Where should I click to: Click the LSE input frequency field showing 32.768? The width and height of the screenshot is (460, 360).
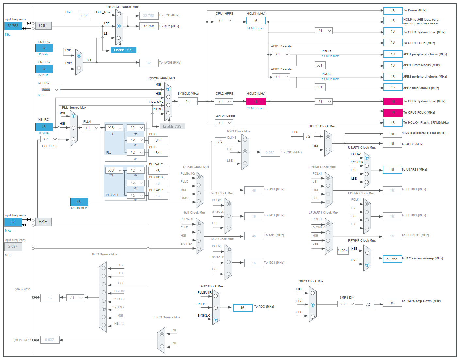pos(13,26)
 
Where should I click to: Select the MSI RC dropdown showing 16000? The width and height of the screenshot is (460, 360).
pos(49,90)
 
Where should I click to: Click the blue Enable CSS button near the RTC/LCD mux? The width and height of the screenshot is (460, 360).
pos(123,50)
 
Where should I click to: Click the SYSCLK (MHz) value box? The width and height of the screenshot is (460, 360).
pos(188,101)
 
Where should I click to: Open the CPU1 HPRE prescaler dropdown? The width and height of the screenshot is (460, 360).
pos(224,20)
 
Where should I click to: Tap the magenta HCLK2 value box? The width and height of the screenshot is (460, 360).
pos(255,102)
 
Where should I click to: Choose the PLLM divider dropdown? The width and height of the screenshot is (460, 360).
pos(91,128)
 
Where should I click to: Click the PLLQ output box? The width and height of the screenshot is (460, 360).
pos(158,140)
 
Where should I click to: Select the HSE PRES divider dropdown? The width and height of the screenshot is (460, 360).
pos(49,139)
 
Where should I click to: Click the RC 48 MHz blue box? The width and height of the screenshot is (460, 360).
pos(79,202)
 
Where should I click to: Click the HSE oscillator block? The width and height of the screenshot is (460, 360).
pos(43,222)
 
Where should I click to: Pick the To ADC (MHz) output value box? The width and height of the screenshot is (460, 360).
pos(242,308)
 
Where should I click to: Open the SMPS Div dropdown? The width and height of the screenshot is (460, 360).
pos(346,304)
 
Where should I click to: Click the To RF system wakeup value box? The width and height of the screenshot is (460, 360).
pos(392,259)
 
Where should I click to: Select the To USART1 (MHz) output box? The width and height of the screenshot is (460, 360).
pos(392,170)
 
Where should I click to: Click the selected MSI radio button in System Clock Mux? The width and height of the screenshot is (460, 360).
pos(168,89)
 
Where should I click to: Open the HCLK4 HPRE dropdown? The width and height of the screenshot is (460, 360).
pos(224,123)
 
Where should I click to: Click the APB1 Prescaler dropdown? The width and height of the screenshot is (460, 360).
pos(281,54)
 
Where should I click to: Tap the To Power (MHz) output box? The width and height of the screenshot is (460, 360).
pos(393,11)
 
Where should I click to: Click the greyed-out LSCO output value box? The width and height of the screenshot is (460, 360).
pos(50,340)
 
